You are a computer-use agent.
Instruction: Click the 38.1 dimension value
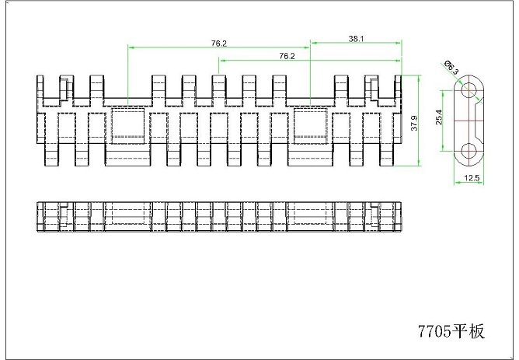[x=356, y=39]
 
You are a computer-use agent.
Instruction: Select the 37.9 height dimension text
[x=414, y=123]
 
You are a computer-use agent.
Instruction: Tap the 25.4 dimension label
[x=439, y=117]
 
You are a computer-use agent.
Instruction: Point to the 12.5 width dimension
[x=472, y=178]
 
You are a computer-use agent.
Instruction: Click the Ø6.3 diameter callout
[x=451, y=67]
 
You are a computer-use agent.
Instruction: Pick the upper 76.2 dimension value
[x=219, y=44]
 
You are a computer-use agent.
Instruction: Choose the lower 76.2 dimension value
[x=287, y=56]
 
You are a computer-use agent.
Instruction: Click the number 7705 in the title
[x=434, y=331]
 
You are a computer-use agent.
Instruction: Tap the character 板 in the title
[x=476, y=331]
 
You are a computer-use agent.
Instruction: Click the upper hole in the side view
[x=468, y=89]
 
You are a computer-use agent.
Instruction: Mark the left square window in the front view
[x=127, y=125]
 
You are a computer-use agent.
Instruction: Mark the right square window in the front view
[x=310, y=125]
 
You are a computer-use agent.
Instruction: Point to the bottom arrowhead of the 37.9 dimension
[x=419, y=163]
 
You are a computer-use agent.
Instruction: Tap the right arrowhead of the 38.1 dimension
[x=398, y=43]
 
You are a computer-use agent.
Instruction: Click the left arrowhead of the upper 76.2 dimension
[x=131, y=47]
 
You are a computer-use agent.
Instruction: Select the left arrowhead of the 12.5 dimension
[x=458, y=182]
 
